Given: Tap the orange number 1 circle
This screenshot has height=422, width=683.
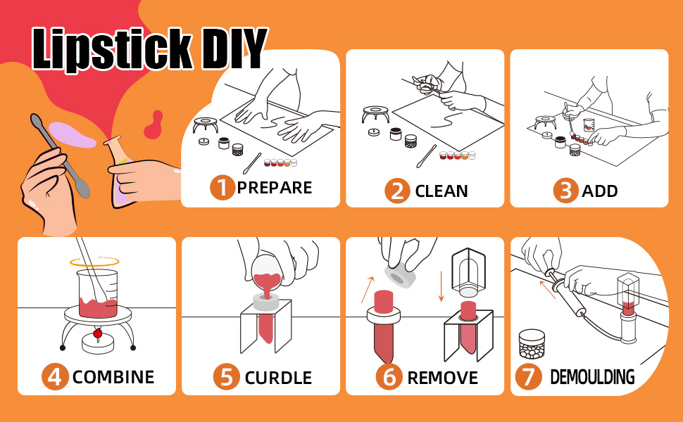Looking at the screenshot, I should pos(223,188).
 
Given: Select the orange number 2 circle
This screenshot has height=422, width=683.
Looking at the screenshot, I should pos(397,190).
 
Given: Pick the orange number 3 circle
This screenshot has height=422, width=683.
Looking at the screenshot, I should pos(565,190).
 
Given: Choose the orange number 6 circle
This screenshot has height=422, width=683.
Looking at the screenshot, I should pos(389,376).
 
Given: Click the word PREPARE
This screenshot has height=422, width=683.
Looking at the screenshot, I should pos(274,188).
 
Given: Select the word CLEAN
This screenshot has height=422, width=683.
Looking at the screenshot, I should pos(441,191).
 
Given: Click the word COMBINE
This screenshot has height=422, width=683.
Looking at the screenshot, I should pos(113,377).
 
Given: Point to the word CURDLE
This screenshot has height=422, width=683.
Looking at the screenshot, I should pos(277,377).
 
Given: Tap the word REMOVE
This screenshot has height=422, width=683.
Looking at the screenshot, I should pos(442,377).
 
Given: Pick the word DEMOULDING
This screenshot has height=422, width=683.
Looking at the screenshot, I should pos(591,377).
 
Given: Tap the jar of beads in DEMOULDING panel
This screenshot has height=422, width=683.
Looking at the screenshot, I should pos(532,345).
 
